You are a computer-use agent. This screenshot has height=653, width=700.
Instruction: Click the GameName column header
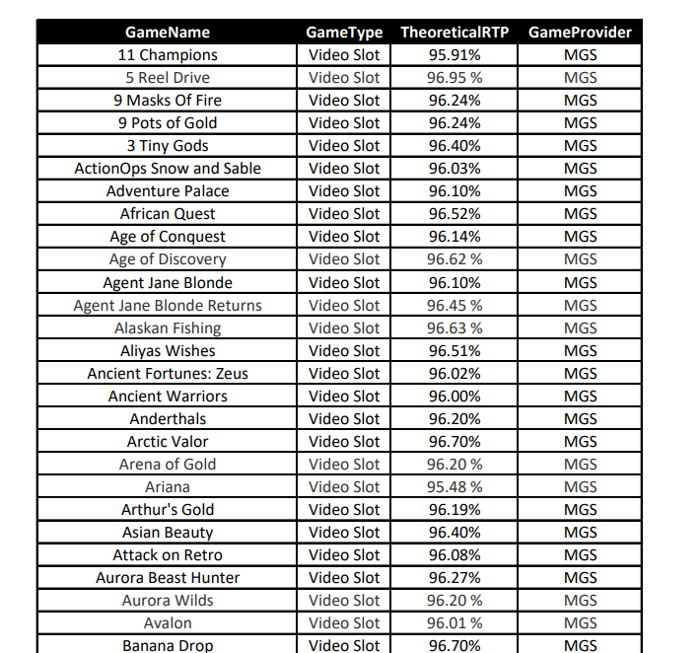click(168, 33)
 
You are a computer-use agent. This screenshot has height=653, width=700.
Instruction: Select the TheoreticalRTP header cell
click(455, 33)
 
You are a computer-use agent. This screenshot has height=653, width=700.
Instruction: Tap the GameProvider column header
click(581, 33)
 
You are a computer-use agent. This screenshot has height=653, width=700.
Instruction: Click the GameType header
click(344, 33)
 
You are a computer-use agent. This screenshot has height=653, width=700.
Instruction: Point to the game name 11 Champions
click(168, 55)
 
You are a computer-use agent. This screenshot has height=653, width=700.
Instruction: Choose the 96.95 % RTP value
click(455, 78)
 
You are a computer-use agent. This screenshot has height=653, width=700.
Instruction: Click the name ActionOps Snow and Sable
click(168, 169)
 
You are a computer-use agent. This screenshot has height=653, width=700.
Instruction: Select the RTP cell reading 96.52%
click(455, 214)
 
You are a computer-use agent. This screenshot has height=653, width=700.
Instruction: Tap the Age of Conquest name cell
click(168, 237)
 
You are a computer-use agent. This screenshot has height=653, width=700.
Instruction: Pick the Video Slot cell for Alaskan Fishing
click(344, 328)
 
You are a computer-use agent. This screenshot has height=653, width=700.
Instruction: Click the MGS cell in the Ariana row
click(581, 487)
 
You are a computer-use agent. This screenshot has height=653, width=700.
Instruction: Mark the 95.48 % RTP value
click(455, 487)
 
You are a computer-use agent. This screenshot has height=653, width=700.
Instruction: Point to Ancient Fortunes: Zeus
click(168, 374)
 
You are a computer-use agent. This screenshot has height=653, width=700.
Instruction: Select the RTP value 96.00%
click(455, 397)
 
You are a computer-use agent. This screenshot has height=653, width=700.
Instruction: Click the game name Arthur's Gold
click(168, 510)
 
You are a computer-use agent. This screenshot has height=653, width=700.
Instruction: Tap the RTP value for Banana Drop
click(455, 645)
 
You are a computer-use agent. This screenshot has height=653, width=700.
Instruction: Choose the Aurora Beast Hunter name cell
click(168, 578)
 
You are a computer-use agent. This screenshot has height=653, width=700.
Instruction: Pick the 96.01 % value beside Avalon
click(455, 623)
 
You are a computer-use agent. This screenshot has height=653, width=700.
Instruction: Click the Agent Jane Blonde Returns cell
click(168, 306)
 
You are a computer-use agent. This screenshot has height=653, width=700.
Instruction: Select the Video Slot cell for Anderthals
click(344, 419)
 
